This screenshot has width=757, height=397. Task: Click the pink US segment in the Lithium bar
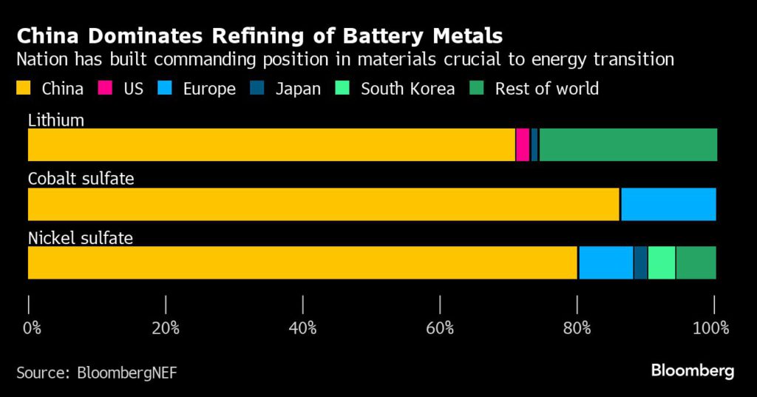(x=523, y=145)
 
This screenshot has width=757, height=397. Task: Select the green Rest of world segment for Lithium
(x=628, y=145)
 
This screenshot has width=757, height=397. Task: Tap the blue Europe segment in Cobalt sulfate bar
(x=668, y=204)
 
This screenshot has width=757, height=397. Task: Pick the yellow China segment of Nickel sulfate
(x=302, y=262)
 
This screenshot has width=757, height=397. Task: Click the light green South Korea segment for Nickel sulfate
(x=662, y=262)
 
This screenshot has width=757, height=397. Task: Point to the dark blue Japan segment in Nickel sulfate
(x=640, y=262)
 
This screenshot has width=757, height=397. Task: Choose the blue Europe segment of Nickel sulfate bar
(x=605, y=262)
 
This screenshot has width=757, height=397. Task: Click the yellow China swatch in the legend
(x=24, y=89)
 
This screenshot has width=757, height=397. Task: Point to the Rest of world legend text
(x=546, y=89)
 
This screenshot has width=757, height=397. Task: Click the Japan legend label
(x=298, y=89)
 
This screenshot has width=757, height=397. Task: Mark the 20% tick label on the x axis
(x=166, y=328)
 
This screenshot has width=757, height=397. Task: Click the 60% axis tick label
(x=441, y=328)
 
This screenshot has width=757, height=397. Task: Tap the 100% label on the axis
(x=713, y=328)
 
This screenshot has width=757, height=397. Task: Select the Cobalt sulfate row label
(x=81, y=179)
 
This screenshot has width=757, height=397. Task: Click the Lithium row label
(x=56, y=120)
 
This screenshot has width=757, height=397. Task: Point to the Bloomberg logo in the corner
(x=692, y=370)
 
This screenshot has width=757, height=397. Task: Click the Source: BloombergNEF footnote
(x=97, y=372)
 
